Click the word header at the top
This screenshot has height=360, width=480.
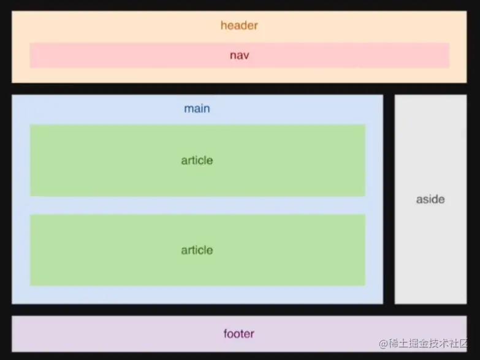[239, 26]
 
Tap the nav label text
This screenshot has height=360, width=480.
[239, 55]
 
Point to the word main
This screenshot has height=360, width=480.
[197, 109]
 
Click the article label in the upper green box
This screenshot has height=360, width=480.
[197, 160]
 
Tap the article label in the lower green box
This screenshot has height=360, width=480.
[197, 250]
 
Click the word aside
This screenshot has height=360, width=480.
[430, 199]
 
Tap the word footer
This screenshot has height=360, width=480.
[238, 334]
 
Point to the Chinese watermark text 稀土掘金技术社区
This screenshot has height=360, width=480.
[429, 343]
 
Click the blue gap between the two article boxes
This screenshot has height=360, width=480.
[197, 205]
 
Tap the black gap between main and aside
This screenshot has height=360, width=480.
[389, 199]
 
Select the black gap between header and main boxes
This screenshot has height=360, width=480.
[239, 88]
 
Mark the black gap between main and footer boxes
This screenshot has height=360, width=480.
[197, 310]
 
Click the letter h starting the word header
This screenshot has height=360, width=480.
[223, 26]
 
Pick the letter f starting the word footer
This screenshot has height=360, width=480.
[225, 334]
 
